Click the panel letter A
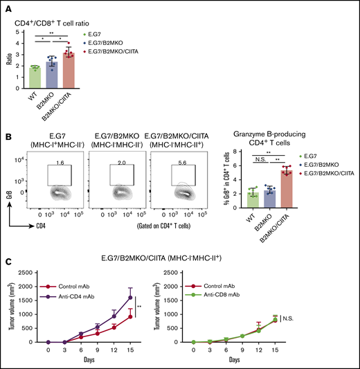tap(6, 7)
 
